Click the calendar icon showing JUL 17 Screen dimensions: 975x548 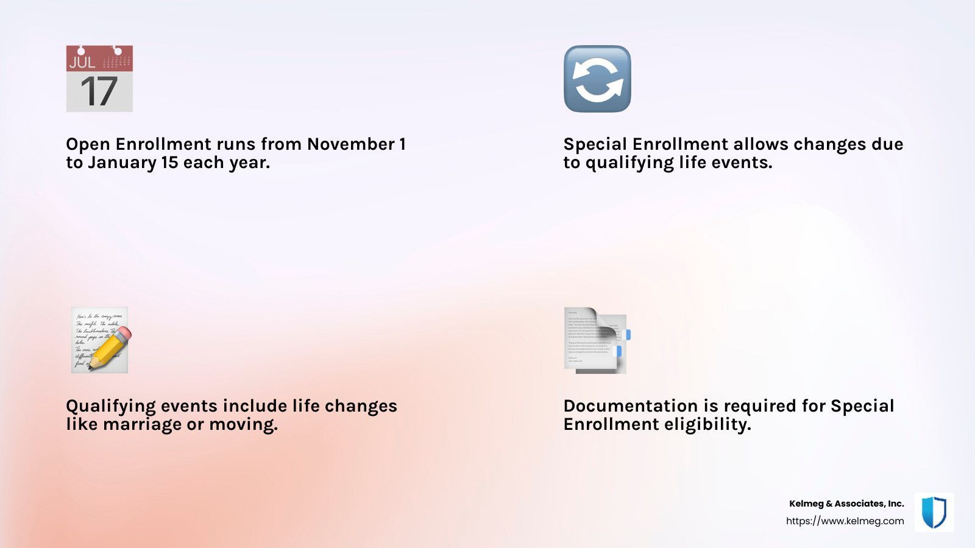[x=99, y=79]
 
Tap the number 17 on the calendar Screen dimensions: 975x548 [x=99, y=91]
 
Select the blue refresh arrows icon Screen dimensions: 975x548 [x=597, y=79]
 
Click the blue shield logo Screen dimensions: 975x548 [x=934, y=512]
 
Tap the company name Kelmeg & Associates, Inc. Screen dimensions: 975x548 [x=846, y=503]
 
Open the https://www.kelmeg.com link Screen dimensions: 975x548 [x=845, y=521]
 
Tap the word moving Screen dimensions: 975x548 [x=243, y=425]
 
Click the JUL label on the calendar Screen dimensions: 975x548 [x=82, y=62]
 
